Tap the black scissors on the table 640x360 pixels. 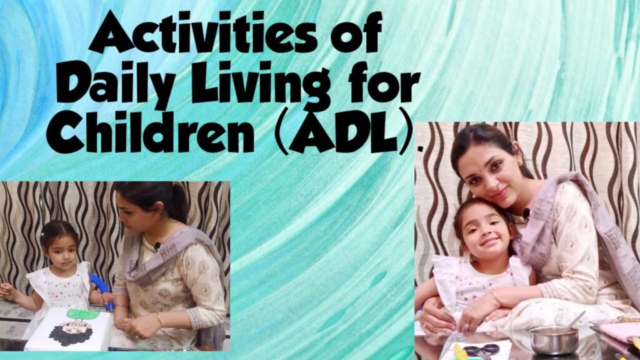(481, 350)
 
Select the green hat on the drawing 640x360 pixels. (83, 314)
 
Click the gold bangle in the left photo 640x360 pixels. (160, 320)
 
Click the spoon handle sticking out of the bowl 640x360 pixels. (575, 320)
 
